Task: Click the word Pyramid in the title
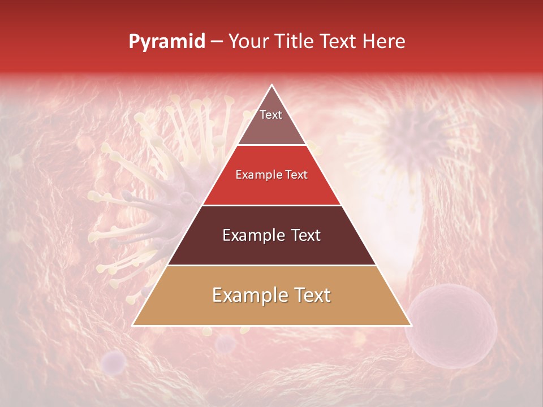point(166,42)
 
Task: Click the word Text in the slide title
point(340,42)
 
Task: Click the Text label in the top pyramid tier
point(271,115)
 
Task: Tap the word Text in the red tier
point(296,175)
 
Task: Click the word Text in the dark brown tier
point(305,235)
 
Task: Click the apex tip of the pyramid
point(272,85)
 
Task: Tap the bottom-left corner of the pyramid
point(133,325)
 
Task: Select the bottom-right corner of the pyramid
point(411,325)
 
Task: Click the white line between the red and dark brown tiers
point(272,205)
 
